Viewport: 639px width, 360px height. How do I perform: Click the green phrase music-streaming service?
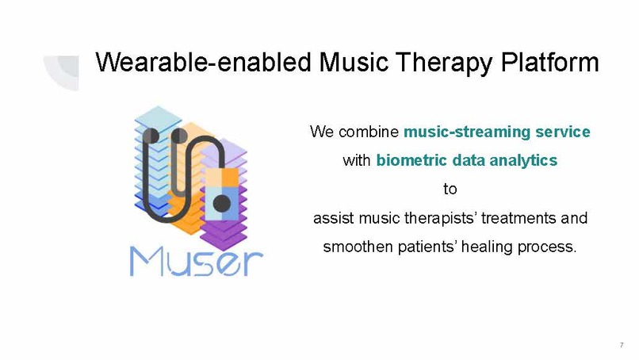497,131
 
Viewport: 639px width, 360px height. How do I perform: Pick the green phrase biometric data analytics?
466,160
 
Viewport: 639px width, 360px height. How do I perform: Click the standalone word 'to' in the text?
450,190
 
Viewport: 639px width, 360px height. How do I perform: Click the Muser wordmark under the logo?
197,259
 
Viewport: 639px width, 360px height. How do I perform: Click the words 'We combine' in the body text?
354,131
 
